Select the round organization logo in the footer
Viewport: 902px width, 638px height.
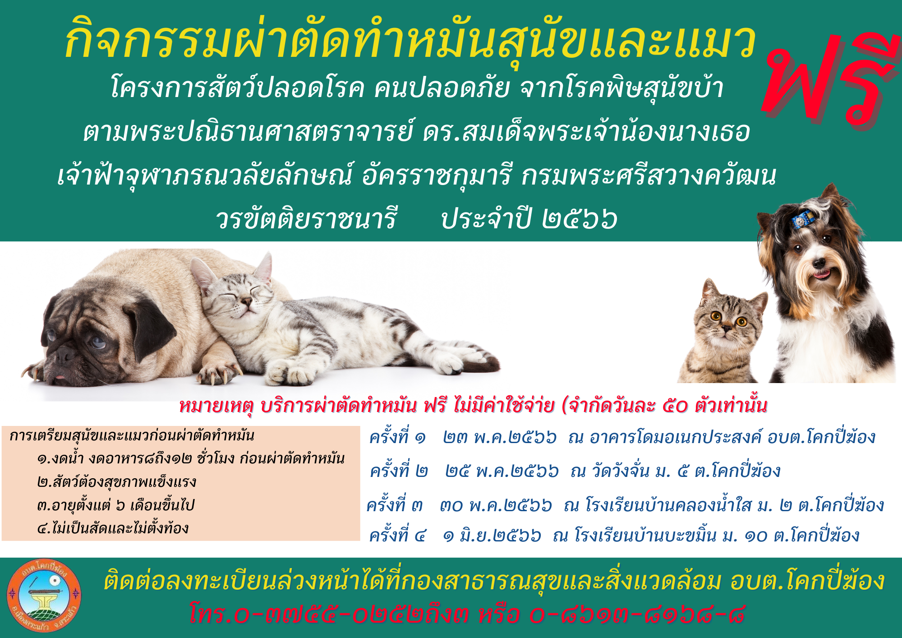[44, 596]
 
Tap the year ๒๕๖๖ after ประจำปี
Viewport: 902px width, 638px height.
[580, 218]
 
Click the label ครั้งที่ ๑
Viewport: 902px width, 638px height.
[397, 437]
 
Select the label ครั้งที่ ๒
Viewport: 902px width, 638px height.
[399, 471]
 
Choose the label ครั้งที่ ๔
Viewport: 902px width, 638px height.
[397, 536]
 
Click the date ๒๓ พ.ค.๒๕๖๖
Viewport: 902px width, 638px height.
[500, 437]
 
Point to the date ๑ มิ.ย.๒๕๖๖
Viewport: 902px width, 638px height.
[492, 536]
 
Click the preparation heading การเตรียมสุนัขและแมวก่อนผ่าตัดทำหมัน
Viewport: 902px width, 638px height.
[132, 435]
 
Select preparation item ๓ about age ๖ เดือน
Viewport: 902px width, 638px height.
[115, 505]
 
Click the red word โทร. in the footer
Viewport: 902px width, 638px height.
[212, 614]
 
